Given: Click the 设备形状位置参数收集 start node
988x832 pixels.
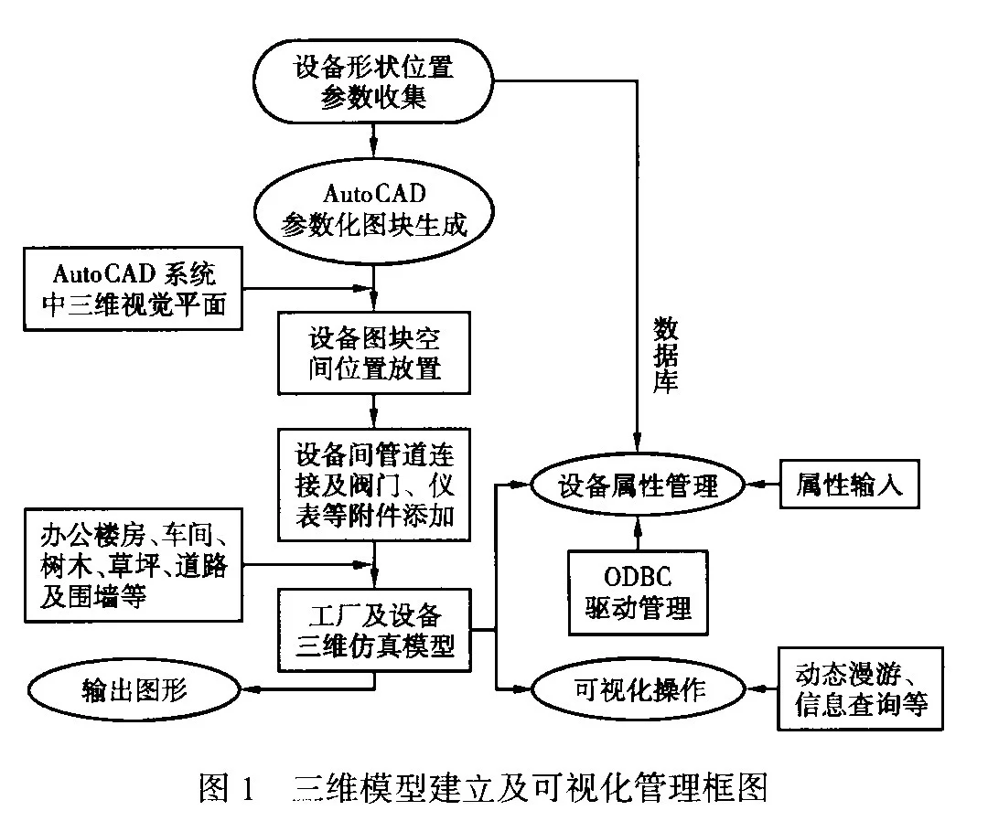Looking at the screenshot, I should pyautogui.click(x=373, y=82).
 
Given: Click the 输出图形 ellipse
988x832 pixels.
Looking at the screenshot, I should pyautogui.click(x=134, y=688).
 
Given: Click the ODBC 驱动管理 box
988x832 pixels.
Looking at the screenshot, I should pyautogui.click(x=638, y=592).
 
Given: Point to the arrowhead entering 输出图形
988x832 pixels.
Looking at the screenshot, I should pyautogui.click(x=249, y=688).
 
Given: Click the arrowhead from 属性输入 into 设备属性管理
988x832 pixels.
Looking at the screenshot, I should pyautogui.click(x=756, y=485).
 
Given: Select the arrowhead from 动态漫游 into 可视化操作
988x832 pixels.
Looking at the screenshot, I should pyautogui.click(x=756, y=688).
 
